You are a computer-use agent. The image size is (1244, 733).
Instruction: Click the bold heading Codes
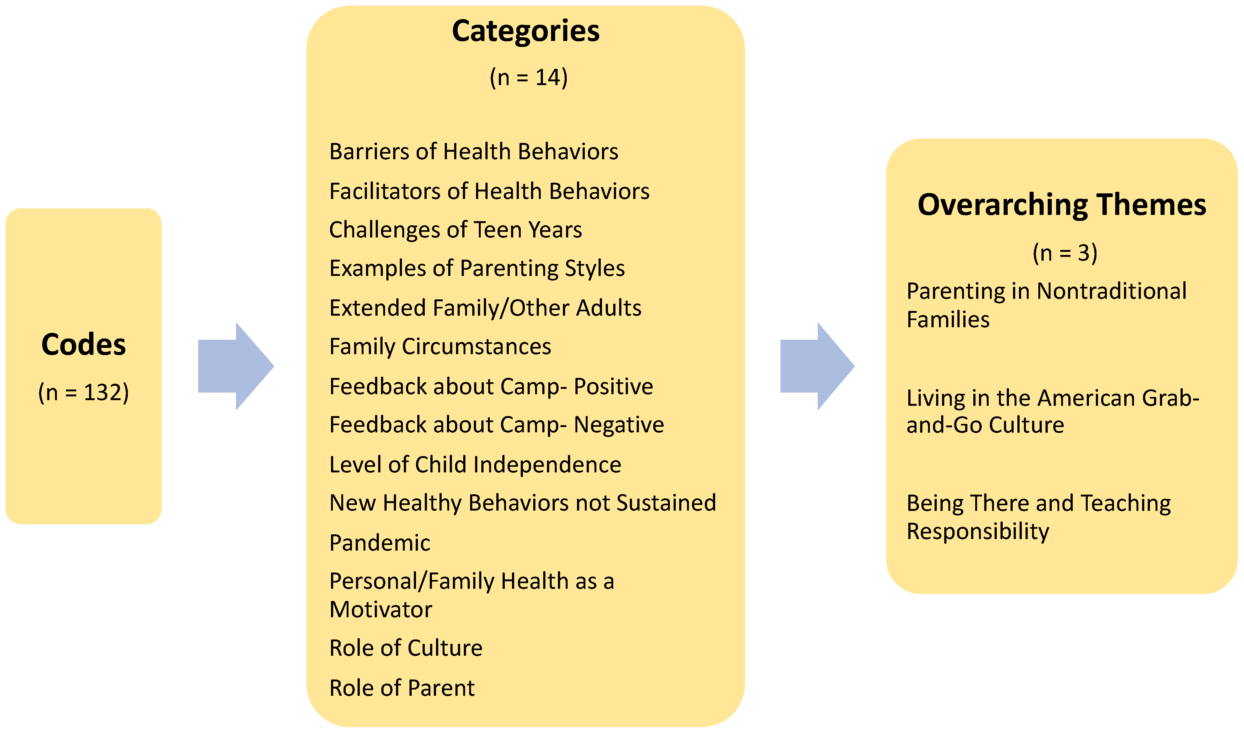coord(83,344)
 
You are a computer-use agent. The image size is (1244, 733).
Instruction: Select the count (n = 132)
coord(83,393)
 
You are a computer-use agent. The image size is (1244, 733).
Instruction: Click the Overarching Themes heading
coord(1062,205)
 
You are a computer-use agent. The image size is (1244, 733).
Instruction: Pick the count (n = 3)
coord(1065,253)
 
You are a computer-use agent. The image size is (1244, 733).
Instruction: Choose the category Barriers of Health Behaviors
coord(474,152)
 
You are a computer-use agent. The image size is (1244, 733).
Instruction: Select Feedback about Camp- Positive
coord(491,386)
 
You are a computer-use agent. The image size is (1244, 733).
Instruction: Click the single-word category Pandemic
coord(380,543)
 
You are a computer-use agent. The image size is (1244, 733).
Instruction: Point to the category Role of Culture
coord(406,648)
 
